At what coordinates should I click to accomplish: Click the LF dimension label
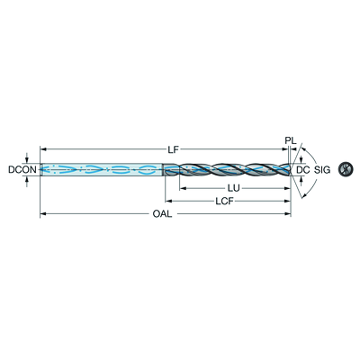pos(173,150)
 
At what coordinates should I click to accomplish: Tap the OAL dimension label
pos(162,214)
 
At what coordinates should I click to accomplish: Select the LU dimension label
pos(234,188)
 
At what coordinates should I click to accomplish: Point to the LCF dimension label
pos(224,201)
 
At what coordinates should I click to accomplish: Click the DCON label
pos(22,170)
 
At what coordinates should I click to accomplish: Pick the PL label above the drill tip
pos(291,140)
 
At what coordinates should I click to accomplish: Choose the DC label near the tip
pos(302,170)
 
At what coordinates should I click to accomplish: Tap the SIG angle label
pos(322,170)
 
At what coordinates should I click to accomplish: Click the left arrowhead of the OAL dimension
pos(43,214)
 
